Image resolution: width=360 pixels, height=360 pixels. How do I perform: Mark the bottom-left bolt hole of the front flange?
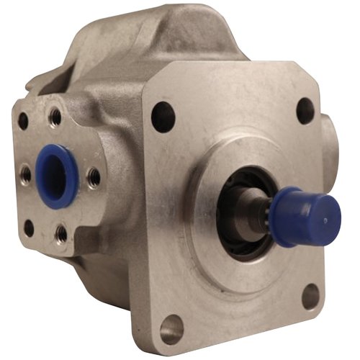pyautogui.click(x=171, y=329)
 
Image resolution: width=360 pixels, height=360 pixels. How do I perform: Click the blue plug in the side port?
pyautogui.click(x=60, y=175)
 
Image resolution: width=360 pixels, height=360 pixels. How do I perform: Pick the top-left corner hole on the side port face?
pyautogui.click(x=23, y=122)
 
